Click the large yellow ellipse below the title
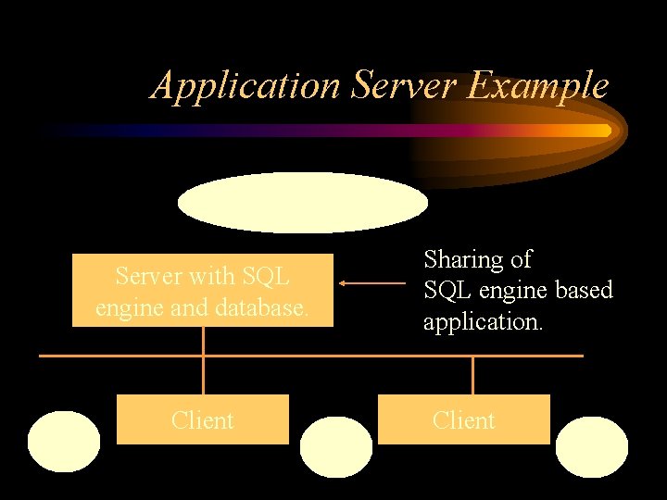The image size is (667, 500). point(303,203)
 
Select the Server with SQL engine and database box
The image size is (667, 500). point(202,290)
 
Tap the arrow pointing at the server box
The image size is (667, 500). point(371,283)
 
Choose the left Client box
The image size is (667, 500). point(202,419)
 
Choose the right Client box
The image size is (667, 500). point(464,419)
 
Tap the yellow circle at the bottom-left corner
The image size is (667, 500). point(64,443)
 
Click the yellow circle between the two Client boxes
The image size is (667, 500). point(337,446)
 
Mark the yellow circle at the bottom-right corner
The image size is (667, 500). point(591,446)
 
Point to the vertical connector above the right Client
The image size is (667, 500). point(472,375)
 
